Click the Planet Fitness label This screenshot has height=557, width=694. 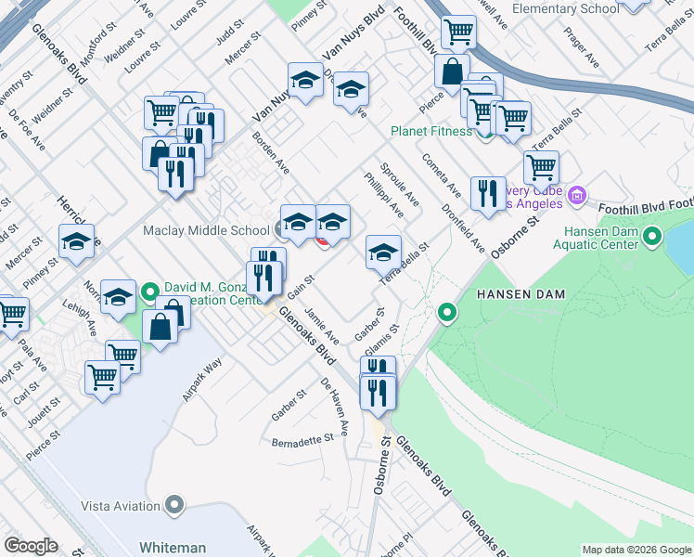click(431, 131)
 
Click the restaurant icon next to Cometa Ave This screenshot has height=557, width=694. click(488, 194)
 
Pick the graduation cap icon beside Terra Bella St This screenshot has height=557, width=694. click(383, 253)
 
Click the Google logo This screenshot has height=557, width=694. click(32, 546)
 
